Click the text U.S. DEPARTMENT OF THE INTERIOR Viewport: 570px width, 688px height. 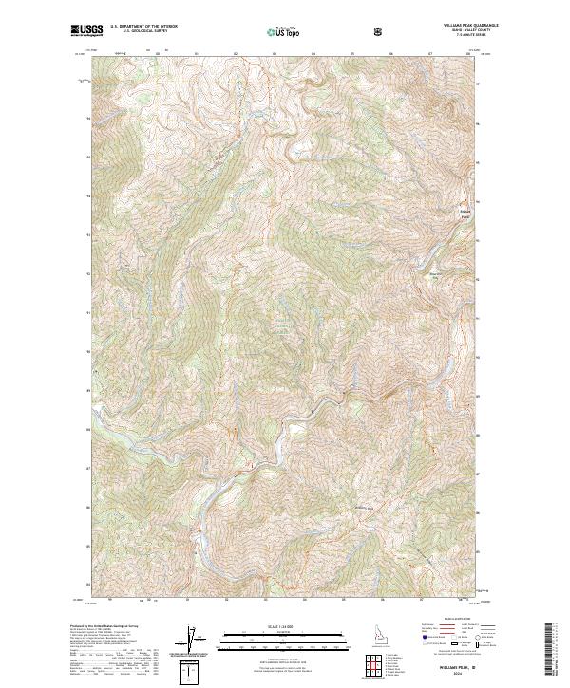tap(143, 28)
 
